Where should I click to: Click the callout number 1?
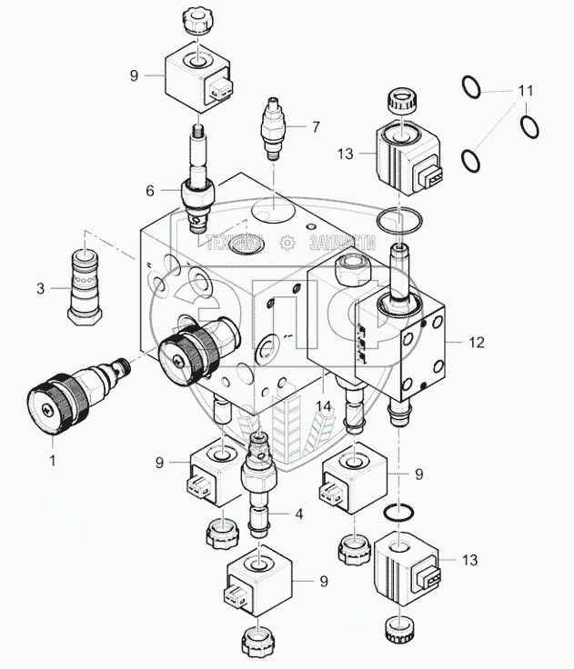(52, 460)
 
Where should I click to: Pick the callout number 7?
(316, 126)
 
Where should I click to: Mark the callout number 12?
(478, 343)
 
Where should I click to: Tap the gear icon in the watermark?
(287, 243)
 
